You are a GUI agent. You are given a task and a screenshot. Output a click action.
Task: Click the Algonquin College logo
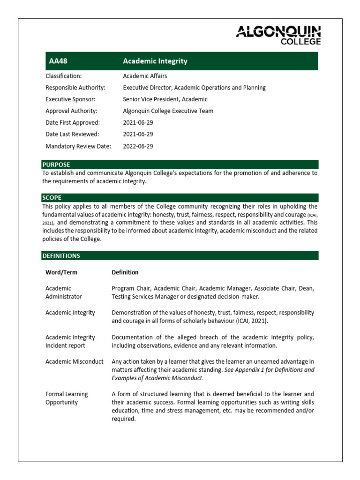pos(278,35)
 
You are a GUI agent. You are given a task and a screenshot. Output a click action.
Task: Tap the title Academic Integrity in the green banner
pos(155,61)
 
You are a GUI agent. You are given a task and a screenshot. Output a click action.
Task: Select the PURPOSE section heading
pos(56,165)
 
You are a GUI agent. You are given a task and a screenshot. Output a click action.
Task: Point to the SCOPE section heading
pos(52,198)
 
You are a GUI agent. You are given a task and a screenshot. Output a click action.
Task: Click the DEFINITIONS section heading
pos(61,255)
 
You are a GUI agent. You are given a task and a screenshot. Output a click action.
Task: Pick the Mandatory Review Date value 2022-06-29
pos(138,146)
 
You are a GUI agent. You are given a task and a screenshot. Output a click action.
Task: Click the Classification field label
pos(63,76)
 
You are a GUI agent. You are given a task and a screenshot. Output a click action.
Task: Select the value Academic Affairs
pos(145,76)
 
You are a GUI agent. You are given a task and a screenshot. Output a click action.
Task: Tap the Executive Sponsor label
pos(70,99)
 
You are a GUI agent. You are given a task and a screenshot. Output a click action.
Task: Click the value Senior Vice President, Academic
pos(165,99)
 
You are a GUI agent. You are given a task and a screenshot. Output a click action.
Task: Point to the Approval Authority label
pos(71,111)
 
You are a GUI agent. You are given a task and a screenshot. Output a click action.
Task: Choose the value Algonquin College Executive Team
pos(168,111)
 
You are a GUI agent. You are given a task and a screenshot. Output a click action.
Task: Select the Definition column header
pos(125,272)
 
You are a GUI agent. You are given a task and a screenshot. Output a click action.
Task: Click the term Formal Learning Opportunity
pos(67,398)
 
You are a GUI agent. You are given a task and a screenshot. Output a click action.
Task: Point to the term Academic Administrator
pos(63,292)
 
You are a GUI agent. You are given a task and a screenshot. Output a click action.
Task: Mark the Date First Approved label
pos(73,122)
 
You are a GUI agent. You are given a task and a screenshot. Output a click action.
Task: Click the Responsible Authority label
pos(75,88)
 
